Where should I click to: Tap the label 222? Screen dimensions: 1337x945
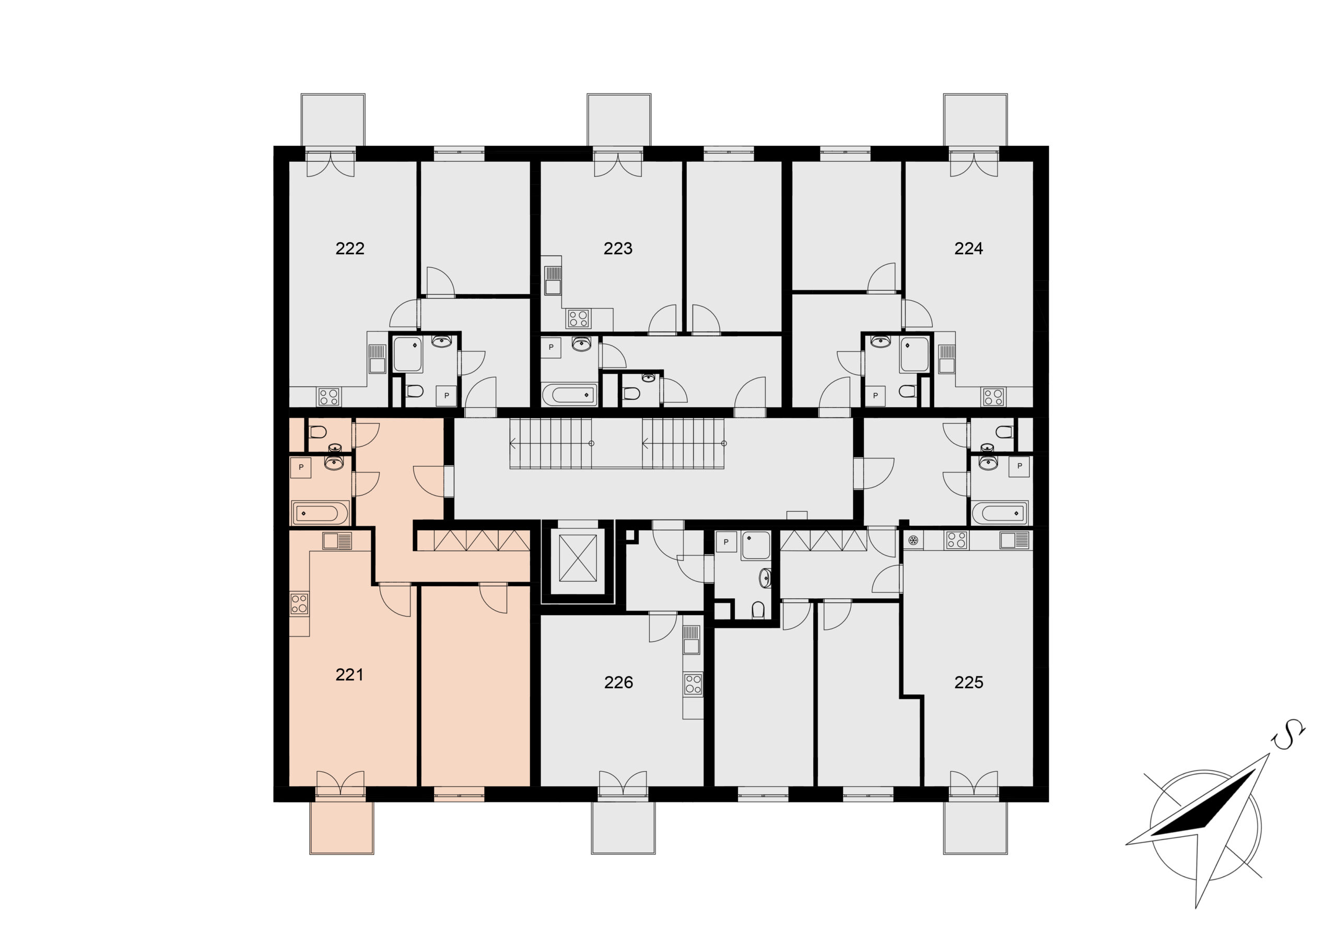[x=349, y=249]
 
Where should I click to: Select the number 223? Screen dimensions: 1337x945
[x=618, y=249]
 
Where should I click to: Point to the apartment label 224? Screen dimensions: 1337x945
[x=968, y=249]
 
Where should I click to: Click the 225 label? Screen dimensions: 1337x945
[x=968, y=682]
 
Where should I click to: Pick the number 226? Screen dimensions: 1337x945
[x=618, y=682]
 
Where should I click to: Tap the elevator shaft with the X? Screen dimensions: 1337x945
[x=578, y=558]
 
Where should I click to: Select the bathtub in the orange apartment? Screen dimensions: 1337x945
[x=320, y=514]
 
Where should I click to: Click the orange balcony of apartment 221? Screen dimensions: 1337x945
[x=341, y=828]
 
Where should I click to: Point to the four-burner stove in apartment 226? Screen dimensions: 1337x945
[x=693, y=684]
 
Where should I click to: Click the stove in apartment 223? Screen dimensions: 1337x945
[x=579, y=318]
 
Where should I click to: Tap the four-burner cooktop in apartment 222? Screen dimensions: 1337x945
[x=329, y=397]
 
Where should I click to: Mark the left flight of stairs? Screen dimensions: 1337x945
[x=551, y=444]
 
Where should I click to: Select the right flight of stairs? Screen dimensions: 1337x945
[x=683, y=444]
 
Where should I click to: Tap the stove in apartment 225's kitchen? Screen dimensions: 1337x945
[x=957, y=540]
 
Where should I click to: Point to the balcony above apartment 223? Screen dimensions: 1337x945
[x=618, y=120]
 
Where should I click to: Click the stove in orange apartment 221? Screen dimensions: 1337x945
[x=299, y=603]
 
